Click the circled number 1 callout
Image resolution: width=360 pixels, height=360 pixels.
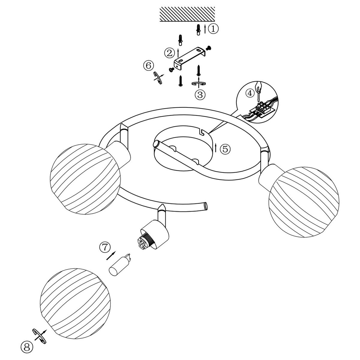coord(213,29)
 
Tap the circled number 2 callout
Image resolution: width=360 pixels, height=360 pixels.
coord(169,53)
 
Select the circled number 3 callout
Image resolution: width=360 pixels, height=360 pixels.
coord(200,95)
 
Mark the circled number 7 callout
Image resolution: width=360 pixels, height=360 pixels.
coord(104,247)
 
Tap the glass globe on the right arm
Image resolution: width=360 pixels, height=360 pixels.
coord(304,199)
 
